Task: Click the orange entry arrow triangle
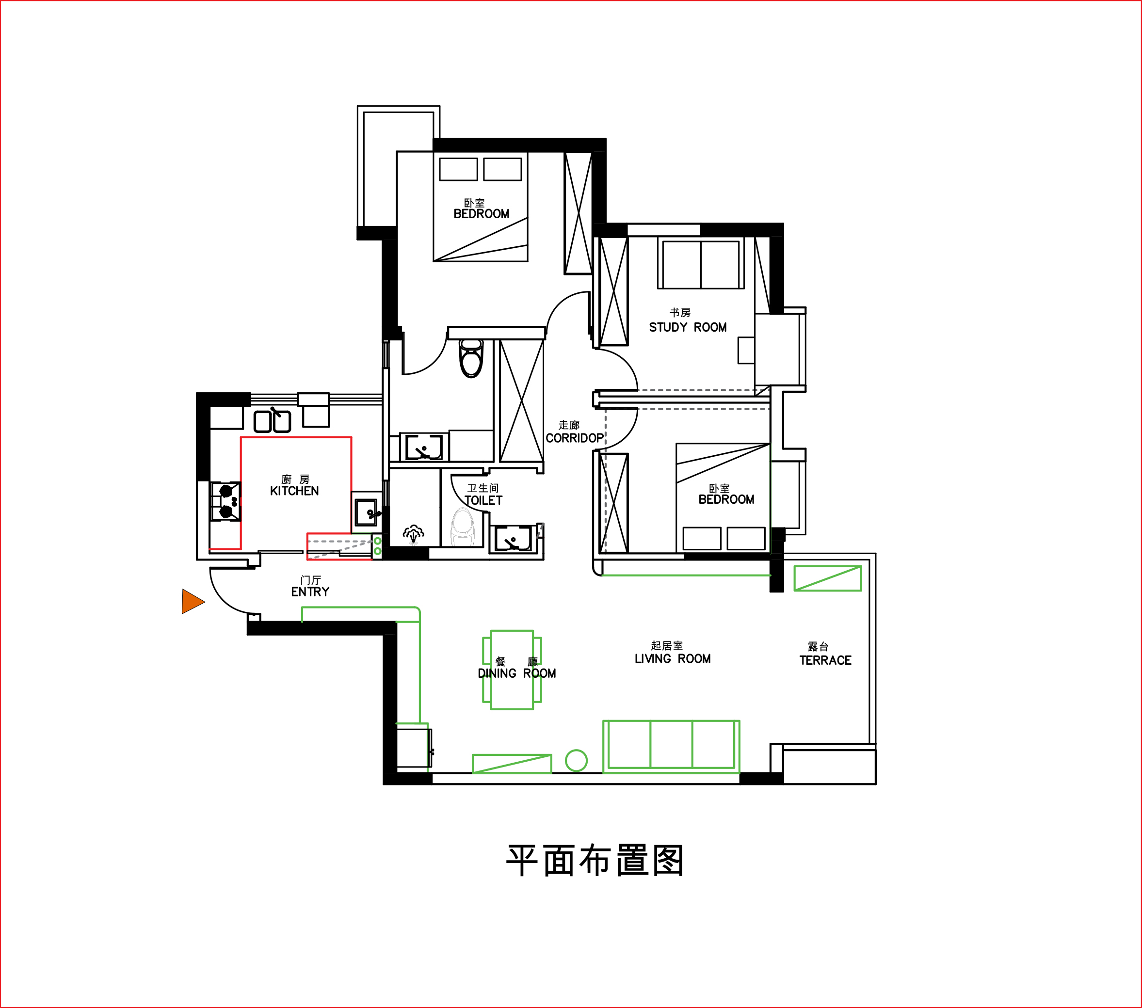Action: (x=192, y=601)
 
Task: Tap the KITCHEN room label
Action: (x=294, y=491)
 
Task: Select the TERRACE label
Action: (x=825, y=660)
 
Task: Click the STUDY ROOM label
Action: (x=688, y=327)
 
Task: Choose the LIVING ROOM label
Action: (x=673, y=659)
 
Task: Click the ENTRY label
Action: (x=310, y=592)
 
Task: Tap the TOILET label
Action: (x=483, y=501)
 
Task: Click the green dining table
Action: (x=512, y=670)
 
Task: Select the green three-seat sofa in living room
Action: (x=671, y=747)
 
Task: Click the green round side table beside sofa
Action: (x=576, y=760)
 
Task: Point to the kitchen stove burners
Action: (x=225, y=502)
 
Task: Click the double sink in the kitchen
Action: (x=272, y=421)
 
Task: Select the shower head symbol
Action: (x=414, y=534)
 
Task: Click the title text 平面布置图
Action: (x=595, y=861)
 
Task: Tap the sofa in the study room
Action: (x=701, y=263)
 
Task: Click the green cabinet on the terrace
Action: (x=827, y=578)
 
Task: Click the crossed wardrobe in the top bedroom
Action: (x=578, y=213)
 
